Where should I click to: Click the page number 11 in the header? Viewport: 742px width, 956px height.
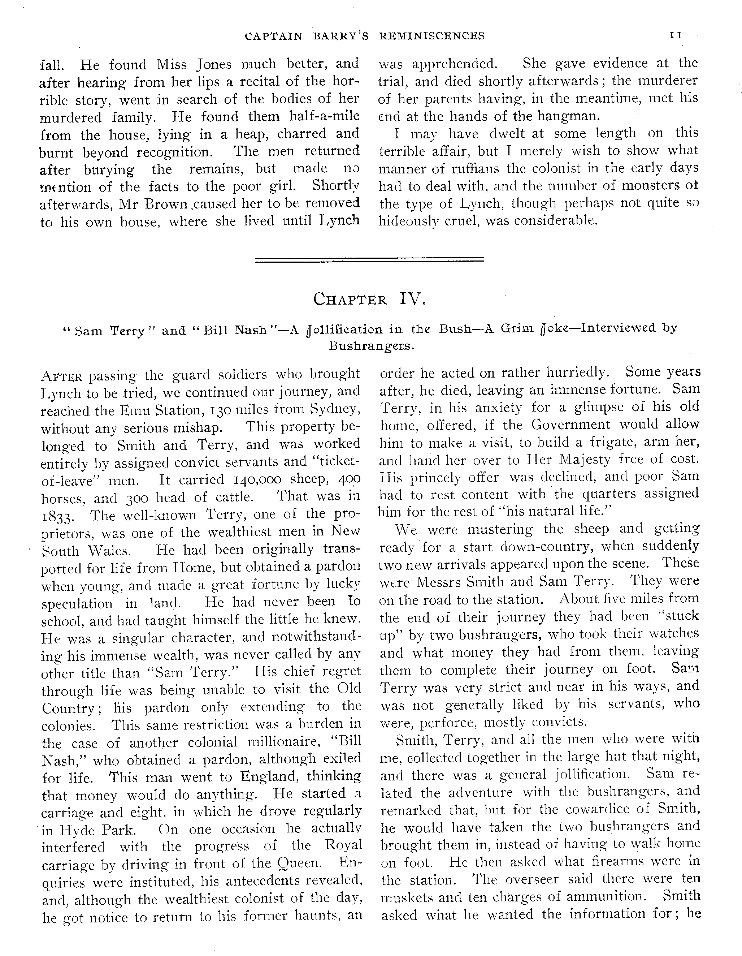click(676, 35)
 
